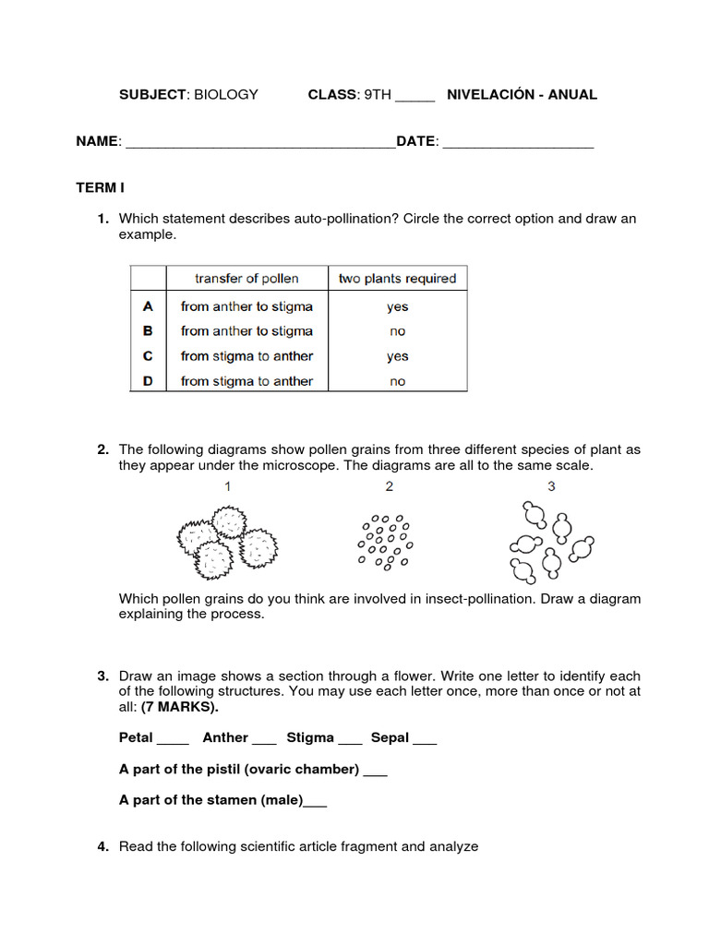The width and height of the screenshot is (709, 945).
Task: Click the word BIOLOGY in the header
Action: [x=225, y=94]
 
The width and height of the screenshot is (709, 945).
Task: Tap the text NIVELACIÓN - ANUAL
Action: [x=522, y=94]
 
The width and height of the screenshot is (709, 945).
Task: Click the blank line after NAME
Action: [x=259, y=143]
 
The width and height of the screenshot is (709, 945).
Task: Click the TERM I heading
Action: [x=100, y=187]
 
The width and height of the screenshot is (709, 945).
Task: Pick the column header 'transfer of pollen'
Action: [x=246, y=278]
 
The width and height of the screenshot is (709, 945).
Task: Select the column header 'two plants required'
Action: [x=397, y=278]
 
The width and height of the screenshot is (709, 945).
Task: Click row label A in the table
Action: [x=148, y=306]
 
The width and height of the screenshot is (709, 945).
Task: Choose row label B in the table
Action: [x=148, y=330]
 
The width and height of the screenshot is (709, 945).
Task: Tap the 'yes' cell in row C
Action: [x=397, y=356]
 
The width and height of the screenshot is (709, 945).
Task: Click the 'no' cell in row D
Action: [x=397, y=381]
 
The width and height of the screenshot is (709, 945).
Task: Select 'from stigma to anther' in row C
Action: [x=246, y=356]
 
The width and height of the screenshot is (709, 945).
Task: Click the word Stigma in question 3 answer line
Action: [x=310, y=737]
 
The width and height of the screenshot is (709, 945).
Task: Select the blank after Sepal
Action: [x=425, y=739]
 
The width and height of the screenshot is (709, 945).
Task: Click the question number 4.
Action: [x=103, y=846]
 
